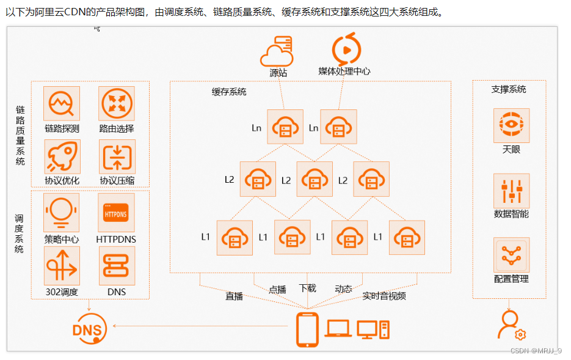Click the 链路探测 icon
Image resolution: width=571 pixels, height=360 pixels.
click(62, 103)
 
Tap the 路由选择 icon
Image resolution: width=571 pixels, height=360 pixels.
click(116, 103)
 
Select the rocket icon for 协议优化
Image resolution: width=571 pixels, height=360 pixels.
click(62, 156)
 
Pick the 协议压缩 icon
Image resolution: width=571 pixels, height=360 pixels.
click(116, 156)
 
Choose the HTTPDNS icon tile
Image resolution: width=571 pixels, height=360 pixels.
click(116, 213)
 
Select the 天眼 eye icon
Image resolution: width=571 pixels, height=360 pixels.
click(511, 125)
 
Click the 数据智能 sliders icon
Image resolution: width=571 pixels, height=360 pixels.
click(511, 191)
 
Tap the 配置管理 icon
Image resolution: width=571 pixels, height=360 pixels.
click(511, 255)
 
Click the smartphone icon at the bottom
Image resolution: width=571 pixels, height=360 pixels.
click(307, 329)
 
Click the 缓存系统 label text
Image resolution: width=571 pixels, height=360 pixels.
click(229, 92)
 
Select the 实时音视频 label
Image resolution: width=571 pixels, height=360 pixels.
click(384, 296)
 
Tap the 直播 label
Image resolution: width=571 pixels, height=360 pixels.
click(234, 296)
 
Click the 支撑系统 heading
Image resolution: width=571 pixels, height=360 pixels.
click(509, 89)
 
